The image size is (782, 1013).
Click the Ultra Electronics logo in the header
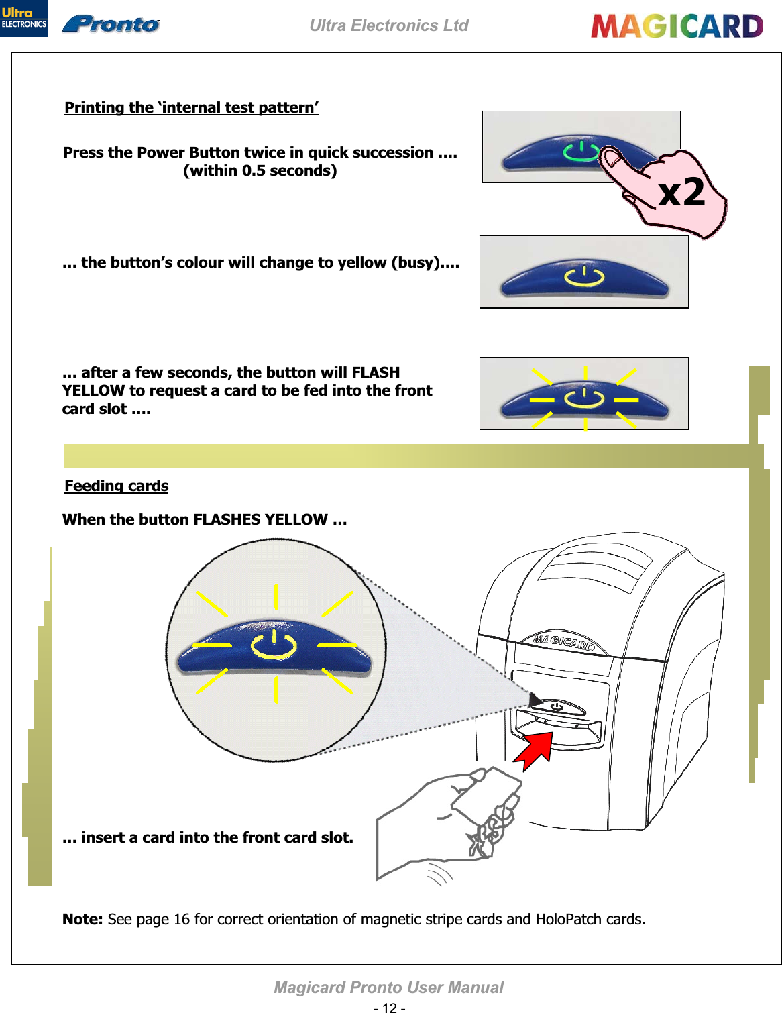click(23, 18)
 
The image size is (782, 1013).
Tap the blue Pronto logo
click(111, 25)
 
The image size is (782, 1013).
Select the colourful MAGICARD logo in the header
click(677, 26)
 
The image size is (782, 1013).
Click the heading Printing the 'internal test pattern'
click(191, 108)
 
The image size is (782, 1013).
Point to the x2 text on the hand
click(681, 193)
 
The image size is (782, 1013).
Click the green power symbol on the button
click(581, 152)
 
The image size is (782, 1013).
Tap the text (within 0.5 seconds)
click(260, 171)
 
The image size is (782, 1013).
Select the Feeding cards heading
click(117, 486)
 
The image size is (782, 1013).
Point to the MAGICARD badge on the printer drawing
click(564, 642)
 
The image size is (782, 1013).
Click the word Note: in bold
click(82, 920)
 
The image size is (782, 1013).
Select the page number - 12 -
click(389, 1008)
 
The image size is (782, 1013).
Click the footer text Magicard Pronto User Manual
click(388, 988)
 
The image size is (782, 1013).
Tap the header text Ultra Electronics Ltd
click(389, 25)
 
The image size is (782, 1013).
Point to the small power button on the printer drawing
click(557, 706)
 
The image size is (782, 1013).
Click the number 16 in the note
click(182, 920)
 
